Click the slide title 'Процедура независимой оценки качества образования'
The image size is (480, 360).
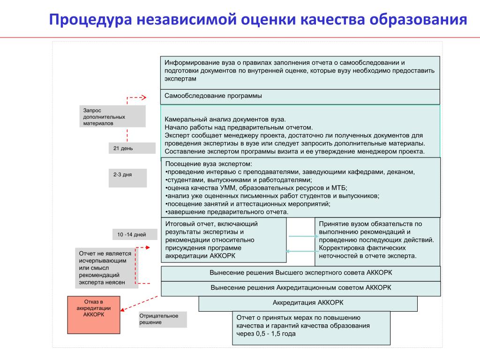(258, 20)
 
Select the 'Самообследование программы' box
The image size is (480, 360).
(300, 97)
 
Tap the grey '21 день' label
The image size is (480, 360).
(132, 148)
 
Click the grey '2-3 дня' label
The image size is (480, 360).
(127, 178)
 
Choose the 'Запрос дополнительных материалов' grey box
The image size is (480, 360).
(112, 116)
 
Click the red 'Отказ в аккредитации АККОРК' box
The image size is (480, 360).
(94, 315)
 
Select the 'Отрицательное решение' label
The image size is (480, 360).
(162, 319)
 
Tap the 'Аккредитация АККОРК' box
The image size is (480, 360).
(308, 303)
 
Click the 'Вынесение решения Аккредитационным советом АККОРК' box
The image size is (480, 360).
(300, 288)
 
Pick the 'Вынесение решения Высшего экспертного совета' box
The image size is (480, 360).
(300, 273)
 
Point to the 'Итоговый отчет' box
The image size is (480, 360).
(224, 240)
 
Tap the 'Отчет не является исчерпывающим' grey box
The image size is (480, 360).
(106, 268)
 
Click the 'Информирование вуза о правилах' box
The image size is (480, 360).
(300, 72)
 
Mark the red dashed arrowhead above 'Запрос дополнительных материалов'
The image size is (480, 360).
(143, 97)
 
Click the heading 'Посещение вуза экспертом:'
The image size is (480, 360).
(209, 164)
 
